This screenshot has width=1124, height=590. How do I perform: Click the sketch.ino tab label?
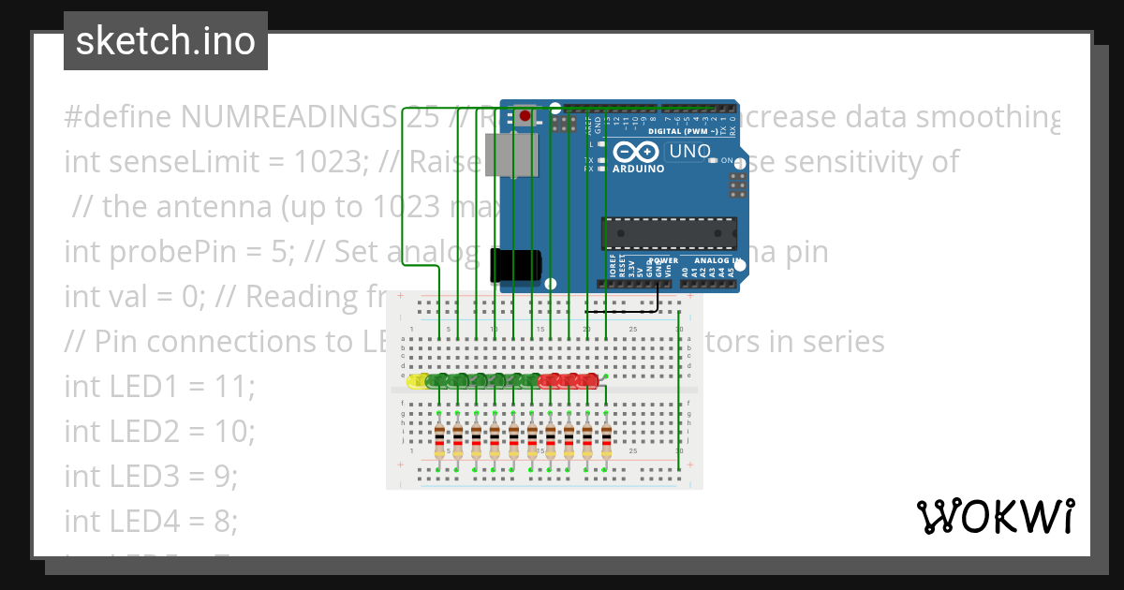pyautogui.click(x=165, y=41)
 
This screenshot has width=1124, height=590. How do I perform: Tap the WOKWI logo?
pyautogui.click(x=995, y=515)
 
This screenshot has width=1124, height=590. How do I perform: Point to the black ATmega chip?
pyautogui.click(x=668, y=234)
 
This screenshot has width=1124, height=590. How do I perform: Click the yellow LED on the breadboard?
pyautogui.click(x=416, y=380)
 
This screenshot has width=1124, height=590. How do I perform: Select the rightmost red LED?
pyautogui.click(x=589, y=380)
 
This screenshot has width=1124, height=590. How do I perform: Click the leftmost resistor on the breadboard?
pyautogui.click(x=439, y=440)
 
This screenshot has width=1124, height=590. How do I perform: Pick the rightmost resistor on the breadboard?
pyautogui.click(x=606, y=440)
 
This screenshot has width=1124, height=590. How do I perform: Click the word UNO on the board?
pyautogui.click(x=689, y=151)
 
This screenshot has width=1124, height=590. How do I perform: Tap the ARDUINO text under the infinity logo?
pyautogui.click(x=638, y=169)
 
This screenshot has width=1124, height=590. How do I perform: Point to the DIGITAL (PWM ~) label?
pyautogui.click(x=685, y=132)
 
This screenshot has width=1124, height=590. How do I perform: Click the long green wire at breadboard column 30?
pyautogui.click(x=679, y=393)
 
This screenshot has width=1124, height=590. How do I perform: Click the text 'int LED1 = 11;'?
pyautogui.click(x=159, y=386)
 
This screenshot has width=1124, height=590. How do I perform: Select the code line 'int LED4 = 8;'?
pyautogui.click(x=151, y=520)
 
